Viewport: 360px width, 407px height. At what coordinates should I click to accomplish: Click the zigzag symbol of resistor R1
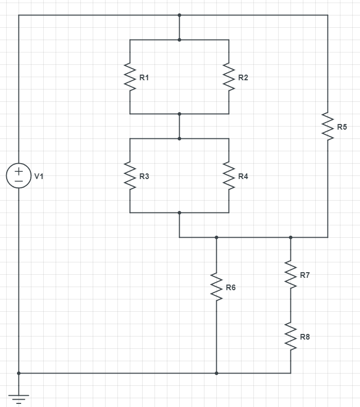point(130,77)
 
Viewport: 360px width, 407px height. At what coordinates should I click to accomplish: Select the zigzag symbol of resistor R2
point(229,77)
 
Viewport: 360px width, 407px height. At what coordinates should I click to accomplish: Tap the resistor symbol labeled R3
point(130,176)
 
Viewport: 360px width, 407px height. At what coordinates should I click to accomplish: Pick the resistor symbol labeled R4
point(229,176)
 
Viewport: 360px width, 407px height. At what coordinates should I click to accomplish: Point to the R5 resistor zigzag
point(328,126)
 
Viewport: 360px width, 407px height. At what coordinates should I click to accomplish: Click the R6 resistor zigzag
point(216,287)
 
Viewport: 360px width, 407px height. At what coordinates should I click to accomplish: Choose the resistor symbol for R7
point(290,275)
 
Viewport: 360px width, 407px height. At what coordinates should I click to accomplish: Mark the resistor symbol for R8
point(290,337)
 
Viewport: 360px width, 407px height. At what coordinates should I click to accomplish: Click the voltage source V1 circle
point(19,176)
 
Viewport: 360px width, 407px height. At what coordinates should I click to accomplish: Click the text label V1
point(39,176)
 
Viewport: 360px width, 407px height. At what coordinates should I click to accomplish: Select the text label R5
point(342,127)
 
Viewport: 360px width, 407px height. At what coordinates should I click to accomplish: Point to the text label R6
point(231,288)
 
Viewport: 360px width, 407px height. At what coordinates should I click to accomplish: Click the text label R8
point(305,337)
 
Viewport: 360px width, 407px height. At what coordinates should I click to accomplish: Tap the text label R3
point(144,176)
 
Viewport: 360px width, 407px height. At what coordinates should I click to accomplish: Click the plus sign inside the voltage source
point(19,171)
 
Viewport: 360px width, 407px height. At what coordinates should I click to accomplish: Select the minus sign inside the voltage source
point(19,182)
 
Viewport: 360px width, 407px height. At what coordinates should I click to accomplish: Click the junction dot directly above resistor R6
point(216,237)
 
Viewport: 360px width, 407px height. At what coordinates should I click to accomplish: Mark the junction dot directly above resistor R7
point(290,237)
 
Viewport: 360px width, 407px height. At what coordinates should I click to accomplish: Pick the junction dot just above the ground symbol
point(19,373)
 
